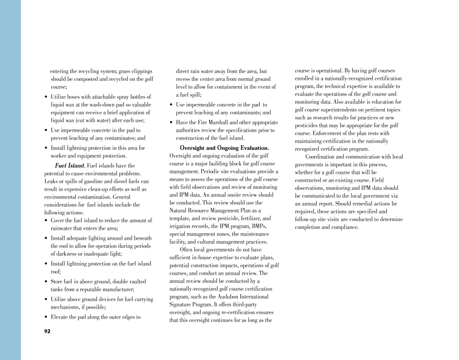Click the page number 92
[47, 331]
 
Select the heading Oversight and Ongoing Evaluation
[224, 148]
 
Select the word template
[180, 218]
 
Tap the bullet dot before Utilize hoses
[46, 97]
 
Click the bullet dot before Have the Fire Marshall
[171, 123]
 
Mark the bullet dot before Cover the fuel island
[46, 220]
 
